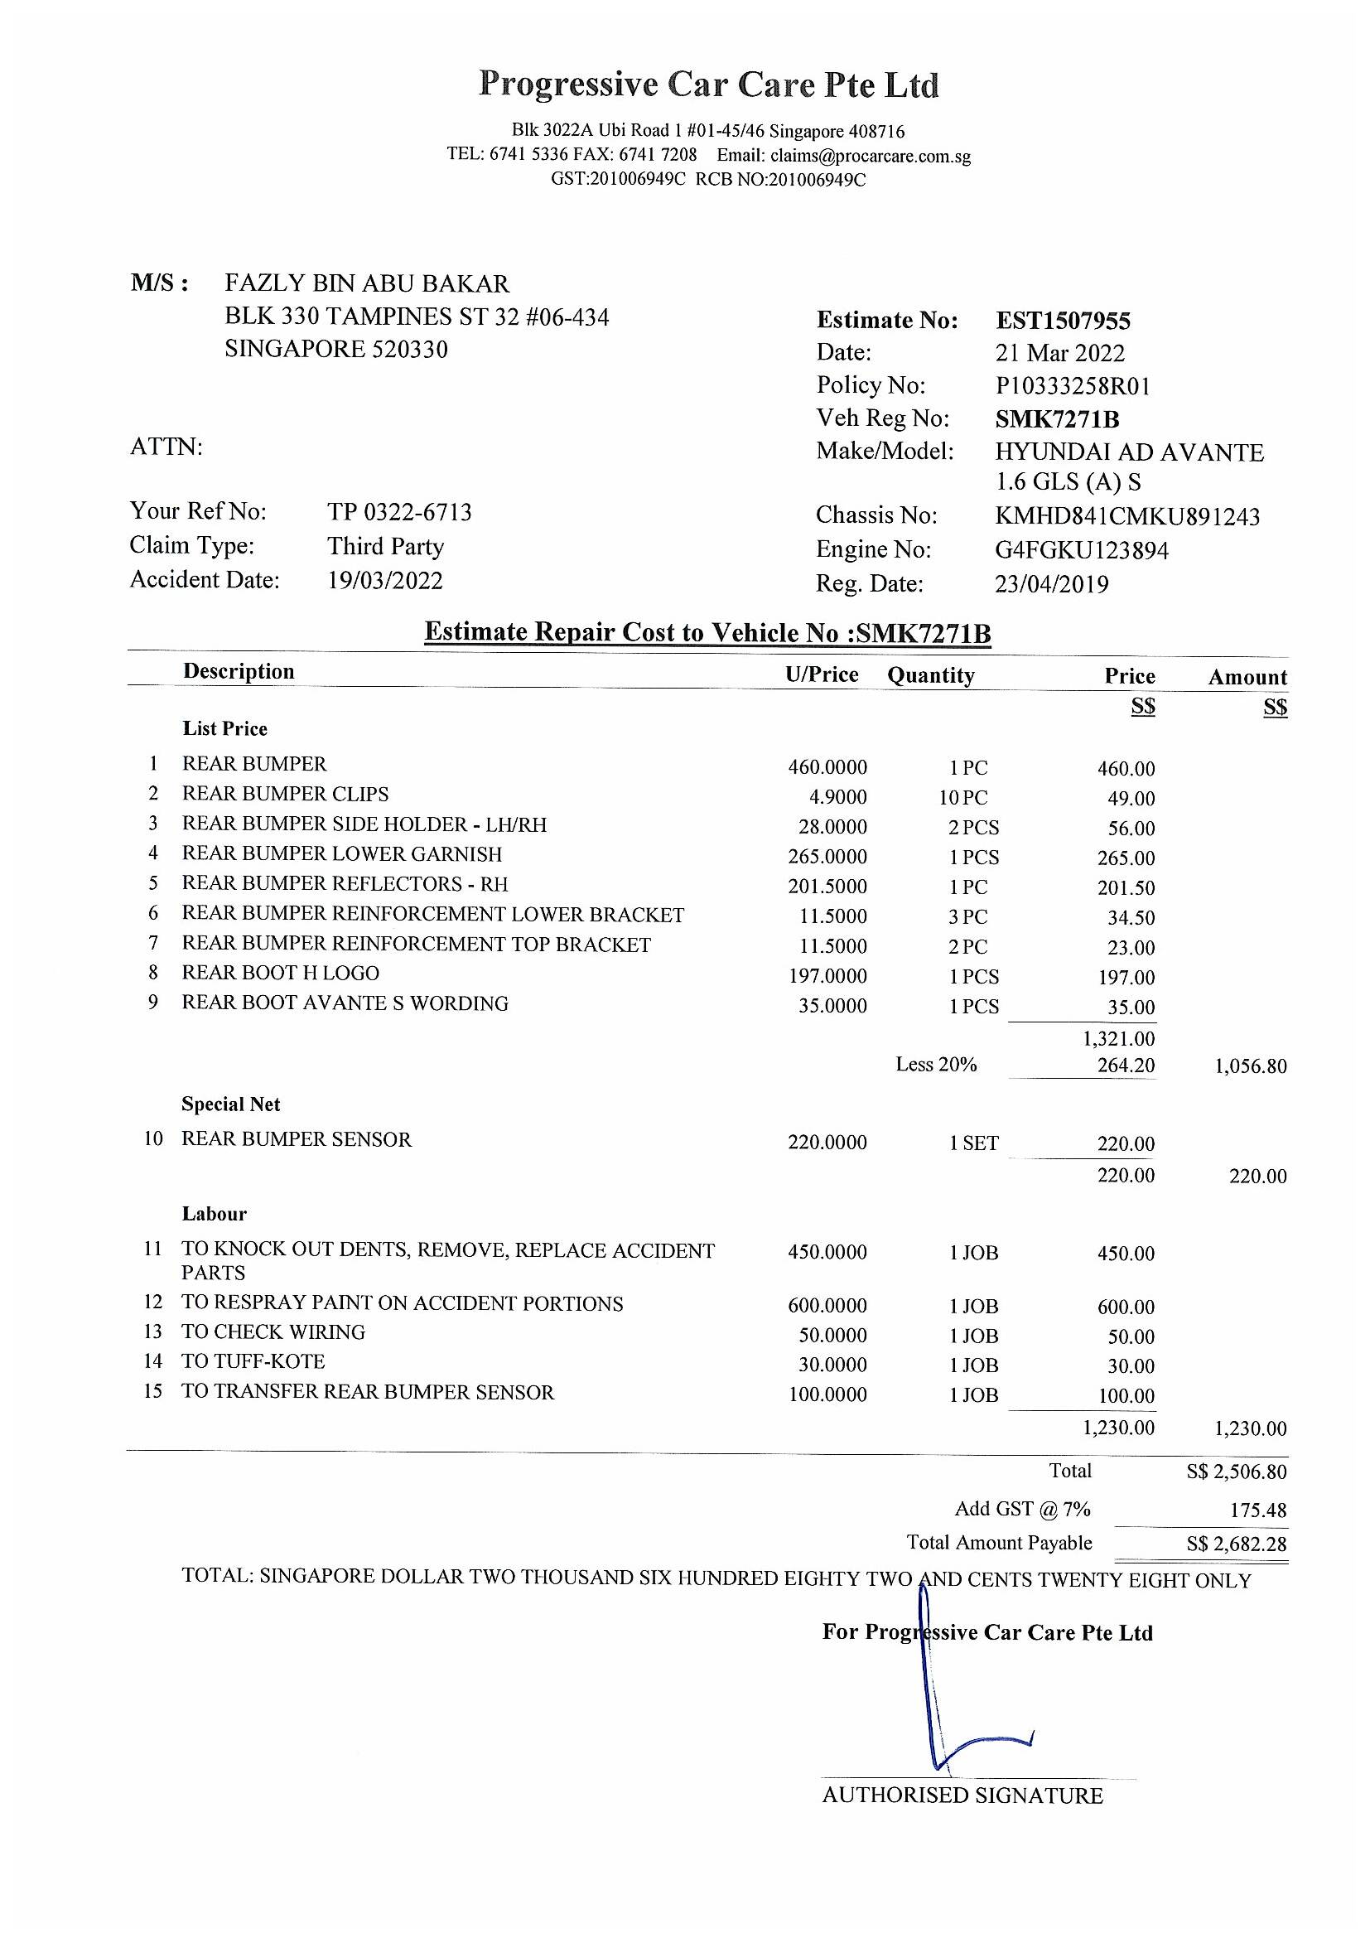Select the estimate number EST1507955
click(x=1063, y=321)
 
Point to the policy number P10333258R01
click(x=1072, y=387)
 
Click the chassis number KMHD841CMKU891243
click(x=1127, y=516)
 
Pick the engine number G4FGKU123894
click(x=1082, y=551)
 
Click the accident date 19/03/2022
click(x=384, y=581)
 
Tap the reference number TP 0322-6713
click(x=399, y=512)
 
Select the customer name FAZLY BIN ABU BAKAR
click(x=367, y=283)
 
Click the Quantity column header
click(x=930, y=675)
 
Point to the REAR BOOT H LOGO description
click(x=280, y=974)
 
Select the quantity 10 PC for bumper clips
click(x=962, y=798)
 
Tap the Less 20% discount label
click(x=935, y=1065)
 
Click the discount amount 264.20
click(x=1126, y=1066)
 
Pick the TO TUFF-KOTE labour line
click(x=253, y=1361)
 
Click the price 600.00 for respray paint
click(x=1126, y=1307)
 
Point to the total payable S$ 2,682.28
click(x=1236, y=1544)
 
